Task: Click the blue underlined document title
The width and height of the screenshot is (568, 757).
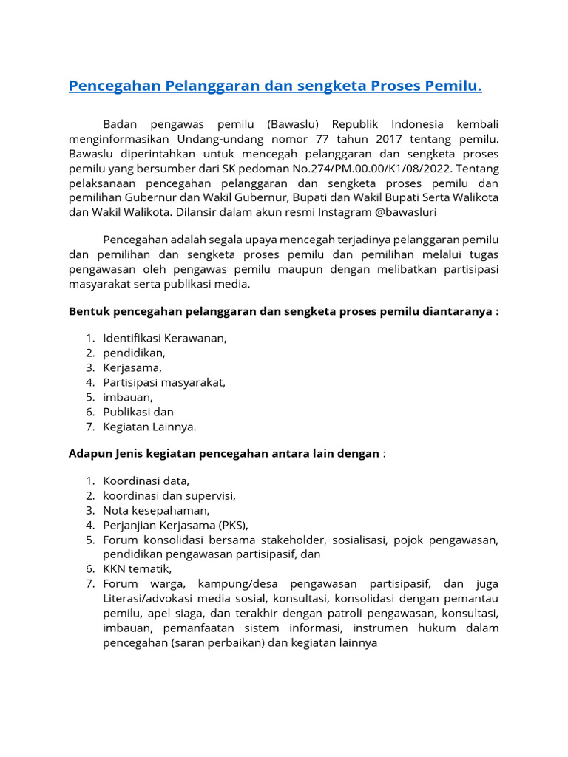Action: pyautogui.click(x=275, y=86)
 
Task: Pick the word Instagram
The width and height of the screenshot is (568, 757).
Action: pyautogui.click(x=346, y=212)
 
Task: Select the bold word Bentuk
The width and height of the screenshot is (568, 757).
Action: pyautogui.click(x=87, y=311)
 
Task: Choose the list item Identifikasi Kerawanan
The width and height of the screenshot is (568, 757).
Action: pyautogui.click(x=165, y=338)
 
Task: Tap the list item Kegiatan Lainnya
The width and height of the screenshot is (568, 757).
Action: pyautogui.click(x=149, y=427)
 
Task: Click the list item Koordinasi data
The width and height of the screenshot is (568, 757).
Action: pyautogui.click(x=146, y=481)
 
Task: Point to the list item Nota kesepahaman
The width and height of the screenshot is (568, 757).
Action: pyautogui.click(x=157, y=510)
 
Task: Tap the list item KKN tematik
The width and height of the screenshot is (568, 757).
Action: pyautogui.click(x=138, y=568)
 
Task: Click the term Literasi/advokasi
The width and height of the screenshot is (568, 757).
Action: pyautogui.click(x=145, y=598)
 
